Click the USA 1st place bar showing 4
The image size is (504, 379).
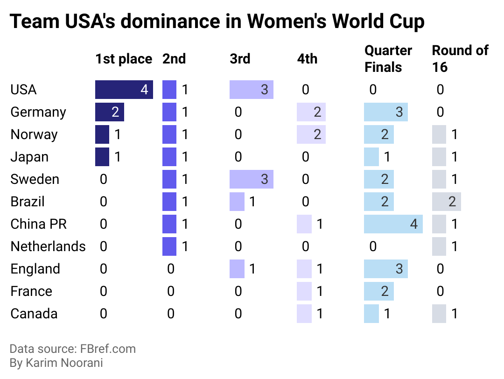(124, 90)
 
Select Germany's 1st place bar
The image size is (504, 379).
(110, 112)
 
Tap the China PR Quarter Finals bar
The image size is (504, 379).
(393, 224)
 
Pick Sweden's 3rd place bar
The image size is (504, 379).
(252, 179)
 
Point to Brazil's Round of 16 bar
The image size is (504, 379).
(447, 202)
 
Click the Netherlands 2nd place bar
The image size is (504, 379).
(169, 246)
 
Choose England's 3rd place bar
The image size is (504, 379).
(237, 269)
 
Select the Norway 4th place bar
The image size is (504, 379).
(311, 134)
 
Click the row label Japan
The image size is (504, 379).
(29, 157)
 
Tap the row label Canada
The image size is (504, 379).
(34, 314)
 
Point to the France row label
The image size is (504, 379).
(31, 291)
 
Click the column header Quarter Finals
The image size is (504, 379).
(388, 59)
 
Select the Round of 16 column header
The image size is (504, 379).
(460, 59)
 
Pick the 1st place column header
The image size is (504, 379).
(124, 59)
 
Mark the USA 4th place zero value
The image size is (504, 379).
(305, 90)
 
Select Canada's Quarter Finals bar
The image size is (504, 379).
(371, 314)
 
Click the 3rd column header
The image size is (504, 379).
(240, 59)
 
